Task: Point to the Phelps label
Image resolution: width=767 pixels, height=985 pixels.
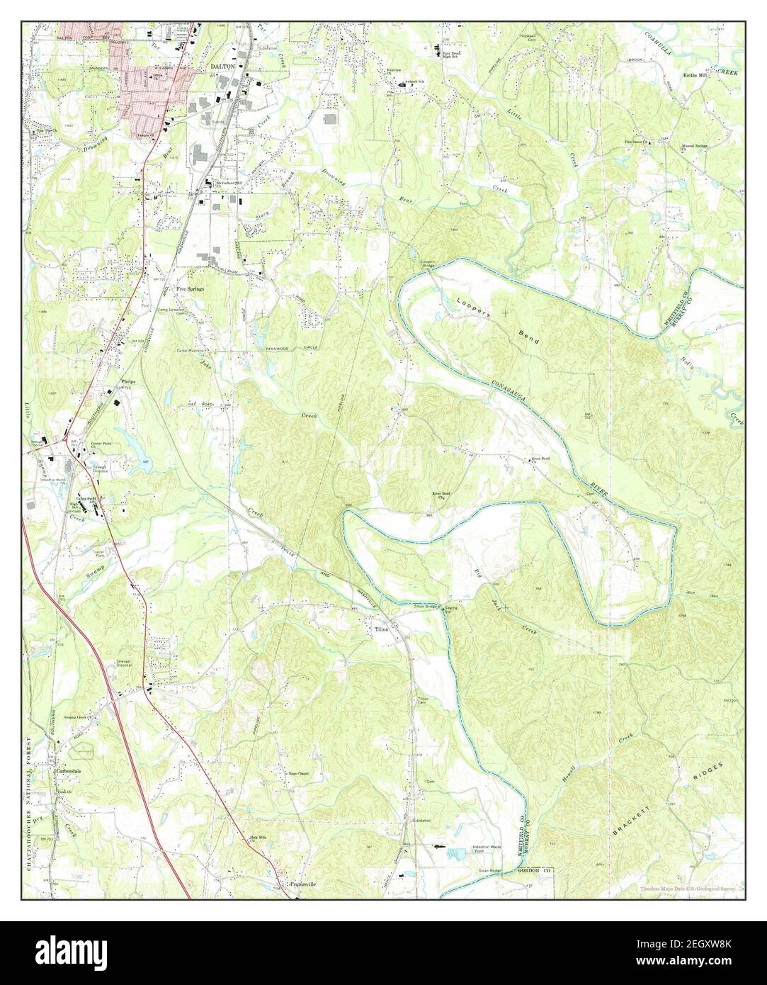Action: coord(128,381)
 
